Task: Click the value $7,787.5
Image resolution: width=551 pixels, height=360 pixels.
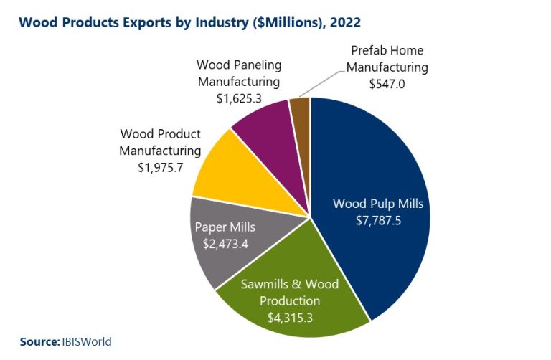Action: coord(378,221)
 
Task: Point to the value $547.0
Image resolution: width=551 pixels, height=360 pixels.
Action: coord(387,83)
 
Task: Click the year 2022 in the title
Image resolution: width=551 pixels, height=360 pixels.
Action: coord(345,22)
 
